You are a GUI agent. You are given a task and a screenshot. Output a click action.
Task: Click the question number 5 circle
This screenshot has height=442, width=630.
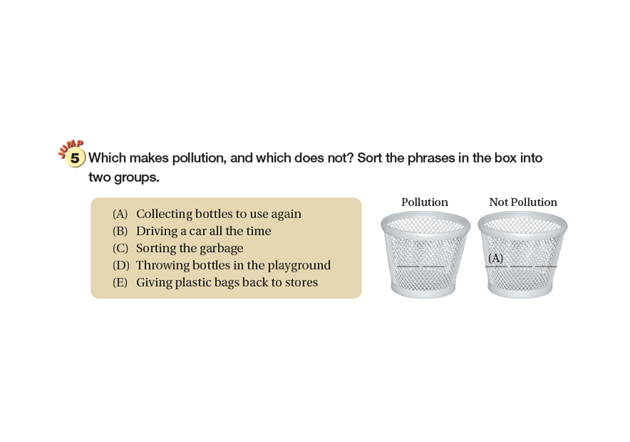coord(75,157)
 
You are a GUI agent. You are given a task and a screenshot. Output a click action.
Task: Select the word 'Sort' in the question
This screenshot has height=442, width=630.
coord(369,157)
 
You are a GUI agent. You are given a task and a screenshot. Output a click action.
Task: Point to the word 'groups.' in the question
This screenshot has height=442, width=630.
coord(136,178)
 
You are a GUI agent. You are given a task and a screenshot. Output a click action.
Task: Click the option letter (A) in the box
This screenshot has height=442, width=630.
coord(120,214)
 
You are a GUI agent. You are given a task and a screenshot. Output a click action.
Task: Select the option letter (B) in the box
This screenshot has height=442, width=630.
coord(120,231)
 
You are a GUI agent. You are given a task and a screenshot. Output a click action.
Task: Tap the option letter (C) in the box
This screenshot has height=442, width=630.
coord(120,248)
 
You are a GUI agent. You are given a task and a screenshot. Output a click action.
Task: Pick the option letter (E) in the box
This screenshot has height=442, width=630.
coord(120,282)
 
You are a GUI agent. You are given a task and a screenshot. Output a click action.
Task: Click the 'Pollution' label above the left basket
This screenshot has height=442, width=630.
coord(424,202)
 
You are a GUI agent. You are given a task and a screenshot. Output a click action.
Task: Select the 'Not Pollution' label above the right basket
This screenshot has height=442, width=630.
coord(523,202)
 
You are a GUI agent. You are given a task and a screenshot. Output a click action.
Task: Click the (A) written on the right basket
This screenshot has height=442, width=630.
coord(495,258)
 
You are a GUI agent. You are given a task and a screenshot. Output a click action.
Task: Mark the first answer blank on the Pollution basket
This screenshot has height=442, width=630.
coord(408,266)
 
